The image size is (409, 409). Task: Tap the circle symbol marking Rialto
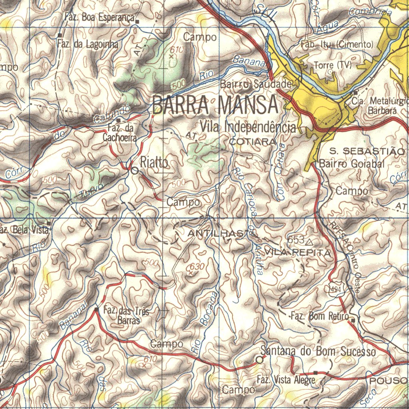point(135,171)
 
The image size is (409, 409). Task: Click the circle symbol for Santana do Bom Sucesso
point(260,360)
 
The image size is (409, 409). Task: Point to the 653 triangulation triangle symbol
point(310,242)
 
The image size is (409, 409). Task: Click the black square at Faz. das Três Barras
point(96,309)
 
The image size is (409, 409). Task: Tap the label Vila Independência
point(248,127)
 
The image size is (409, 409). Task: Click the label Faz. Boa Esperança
point(99,17)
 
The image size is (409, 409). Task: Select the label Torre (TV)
point(333,65)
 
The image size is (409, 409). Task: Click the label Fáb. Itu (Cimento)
point(337,44)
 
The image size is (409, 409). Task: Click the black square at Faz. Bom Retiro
point(353,320)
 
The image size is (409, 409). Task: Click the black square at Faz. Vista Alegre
point(316,373)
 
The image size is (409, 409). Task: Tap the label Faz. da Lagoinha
point(87,44)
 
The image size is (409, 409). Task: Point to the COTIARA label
point(252,142)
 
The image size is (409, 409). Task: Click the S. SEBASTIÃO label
point(367,151)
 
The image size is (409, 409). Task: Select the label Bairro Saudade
point(256,84)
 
